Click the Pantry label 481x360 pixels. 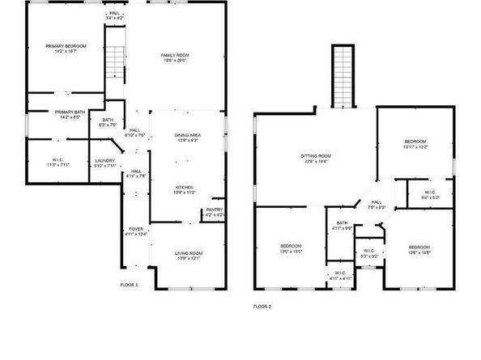coord(214,212)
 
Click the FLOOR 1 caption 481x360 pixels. coord(130,285)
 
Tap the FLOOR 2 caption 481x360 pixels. coord(262,307)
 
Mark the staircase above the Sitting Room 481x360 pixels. coord(343,76)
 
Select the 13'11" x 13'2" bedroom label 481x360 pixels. coord(415,143)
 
